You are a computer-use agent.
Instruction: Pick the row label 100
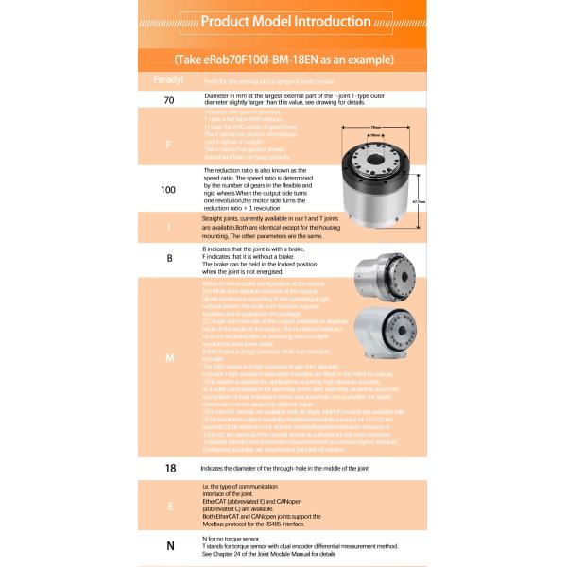[168, 190]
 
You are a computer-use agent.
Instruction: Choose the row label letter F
[168, 146]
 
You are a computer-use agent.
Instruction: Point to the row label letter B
[168, 256]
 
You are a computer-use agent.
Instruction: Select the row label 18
[170, 467]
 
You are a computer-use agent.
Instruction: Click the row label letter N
[169, 545]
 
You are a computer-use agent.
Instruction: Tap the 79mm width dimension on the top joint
[375, 127]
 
